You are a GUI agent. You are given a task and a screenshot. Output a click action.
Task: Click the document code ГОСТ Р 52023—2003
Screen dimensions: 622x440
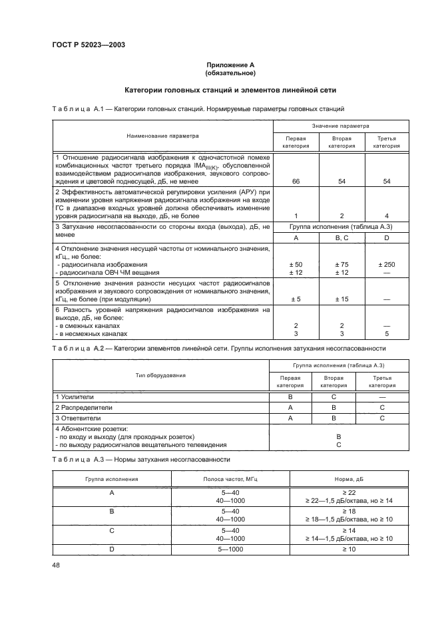89,45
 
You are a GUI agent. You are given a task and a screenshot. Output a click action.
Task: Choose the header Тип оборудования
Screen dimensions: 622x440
160,376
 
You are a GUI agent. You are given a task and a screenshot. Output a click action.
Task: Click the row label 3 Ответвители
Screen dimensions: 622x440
78,418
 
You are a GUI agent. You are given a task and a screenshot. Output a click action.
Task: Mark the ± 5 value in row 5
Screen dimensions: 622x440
296,299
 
